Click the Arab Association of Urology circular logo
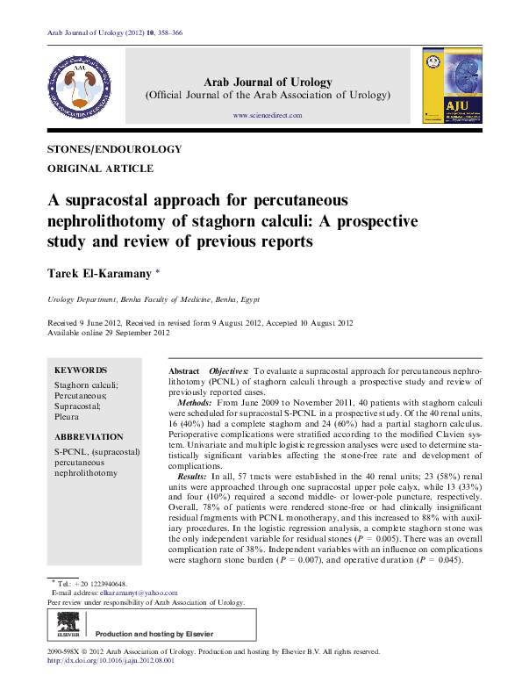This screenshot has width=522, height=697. coord(80,85)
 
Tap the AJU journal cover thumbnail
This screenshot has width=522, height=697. coord(447,85)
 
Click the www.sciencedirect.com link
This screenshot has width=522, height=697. coord(268,115)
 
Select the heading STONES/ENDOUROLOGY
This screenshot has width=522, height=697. coord(114,149)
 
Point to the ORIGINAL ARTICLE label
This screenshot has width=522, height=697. coord(100,169)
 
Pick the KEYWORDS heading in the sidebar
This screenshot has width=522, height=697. coord(81,370)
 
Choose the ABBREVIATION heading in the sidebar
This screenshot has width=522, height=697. coord(89,436)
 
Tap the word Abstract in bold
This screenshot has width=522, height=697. coord(184,372)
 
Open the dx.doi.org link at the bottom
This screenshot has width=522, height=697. coord(111,661)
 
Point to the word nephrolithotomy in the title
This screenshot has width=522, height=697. coord(115,219)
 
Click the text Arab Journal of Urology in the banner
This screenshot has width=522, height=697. coord(268,83)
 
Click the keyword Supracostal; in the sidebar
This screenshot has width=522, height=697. coord(77,406)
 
